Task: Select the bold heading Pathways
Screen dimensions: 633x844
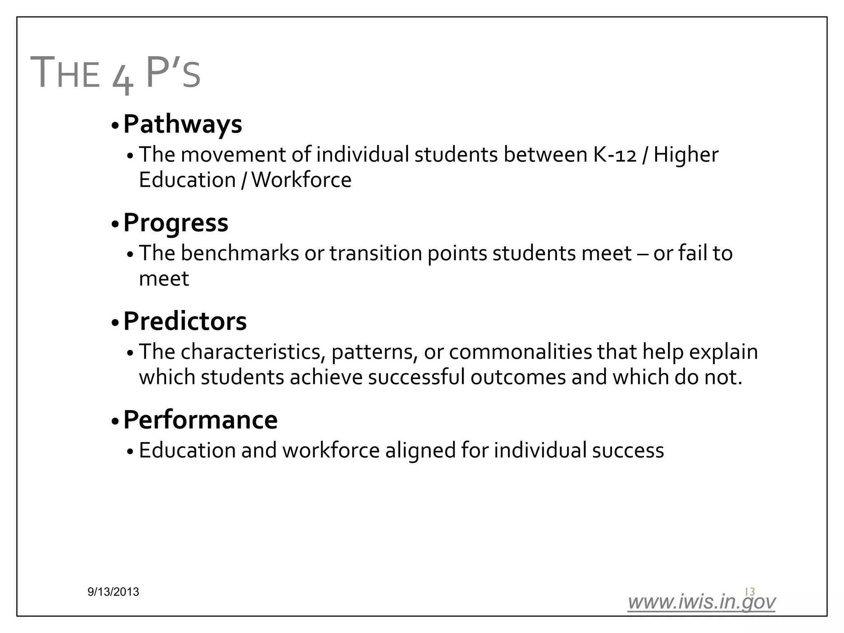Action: (183, 124)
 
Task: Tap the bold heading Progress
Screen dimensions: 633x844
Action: (176, 223)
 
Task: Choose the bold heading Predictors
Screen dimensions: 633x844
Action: (185, 321)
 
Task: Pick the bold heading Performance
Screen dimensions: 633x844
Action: (200, 420)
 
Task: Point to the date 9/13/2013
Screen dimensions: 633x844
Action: (113, 592)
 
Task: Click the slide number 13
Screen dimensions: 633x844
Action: (750, 591)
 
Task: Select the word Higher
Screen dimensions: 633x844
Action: (686, 155)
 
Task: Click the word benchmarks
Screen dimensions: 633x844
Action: (240, 253)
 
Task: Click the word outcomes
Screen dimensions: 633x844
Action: (518, 377)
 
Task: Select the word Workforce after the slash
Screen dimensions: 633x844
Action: (301, 180)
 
